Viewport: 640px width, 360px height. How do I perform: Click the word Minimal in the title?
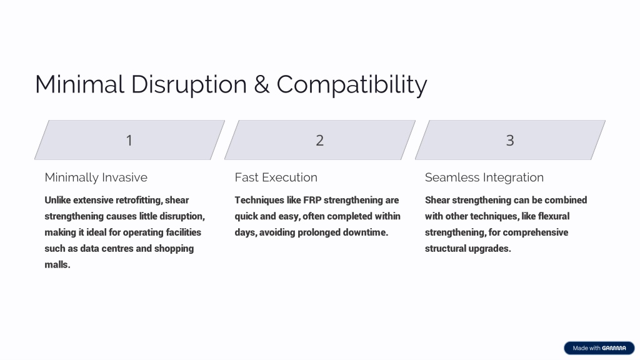pos(79,84)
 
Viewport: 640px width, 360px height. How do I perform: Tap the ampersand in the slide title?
pos(262,84)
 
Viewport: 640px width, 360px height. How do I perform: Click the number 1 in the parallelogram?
pos(129,141)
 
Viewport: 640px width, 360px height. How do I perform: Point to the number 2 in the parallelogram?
pos(319,141)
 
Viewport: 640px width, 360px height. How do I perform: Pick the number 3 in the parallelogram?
pos(510,141)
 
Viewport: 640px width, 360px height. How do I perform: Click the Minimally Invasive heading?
pos(96,177)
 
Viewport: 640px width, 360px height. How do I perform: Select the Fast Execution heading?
pos(276,177)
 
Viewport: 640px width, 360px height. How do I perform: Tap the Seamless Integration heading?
pos(484,177)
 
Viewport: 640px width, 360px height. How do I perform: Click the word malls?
pos(57,264)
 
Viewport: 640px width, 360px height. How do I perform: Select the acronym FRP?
pos(312,200)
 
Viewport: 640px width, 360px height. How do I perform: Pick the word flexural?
pos(554,216)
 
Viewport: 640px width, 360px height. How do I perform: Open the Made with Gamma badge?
pos(599,348)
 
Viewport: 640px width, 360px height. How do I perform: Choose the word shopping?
pos(174,249)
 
